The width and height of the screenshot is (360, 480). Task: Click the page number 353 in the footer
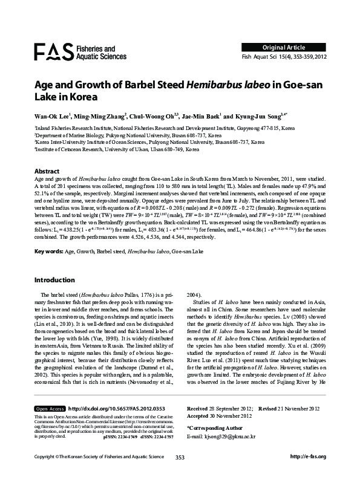180,473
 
